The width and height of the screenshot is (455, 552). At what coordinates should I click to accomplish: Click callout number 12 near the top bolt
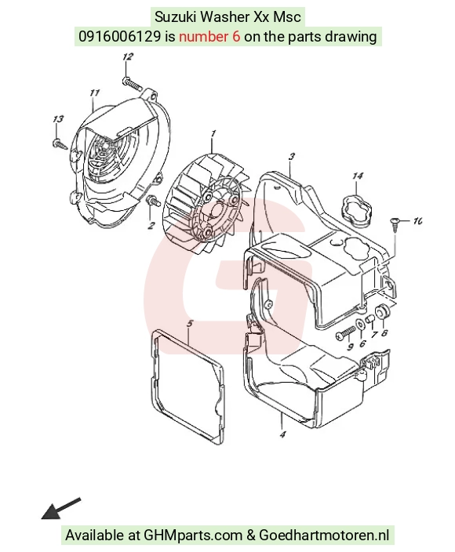coord(128,56)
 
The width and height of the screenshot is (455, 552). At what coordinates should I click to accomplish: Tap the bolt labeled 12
coord(132,83)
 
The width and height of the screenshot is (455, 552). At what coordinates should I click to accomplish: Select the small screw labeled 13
coord(59,144)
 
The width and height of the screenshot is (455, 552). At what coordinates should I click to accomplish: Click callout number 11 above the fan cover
coord(94,93)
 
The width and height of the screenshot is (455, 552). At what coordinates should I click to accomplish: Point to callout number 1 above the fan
coord(213,134)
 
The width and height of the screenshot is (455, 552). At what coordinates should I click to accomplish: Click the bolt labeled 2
coord(153,202)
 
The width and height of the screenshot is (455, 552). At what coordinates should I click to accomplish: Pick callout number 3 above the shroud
coord(291,157)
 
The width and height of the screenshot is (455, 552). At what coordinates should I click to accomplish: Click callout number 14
coord(358,176)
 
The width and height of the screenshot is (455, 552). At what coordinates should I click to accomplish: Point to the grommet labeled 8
coord(382,311)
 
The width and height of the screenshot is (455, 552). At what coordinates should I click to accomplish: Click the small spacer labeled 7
coord(370,319)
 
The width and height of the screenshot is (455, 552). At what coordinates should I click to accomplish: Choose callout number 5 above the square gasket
coord(190,324)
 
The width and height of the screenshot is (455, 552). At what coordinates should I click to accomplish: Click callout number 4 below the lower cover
coord(282,434)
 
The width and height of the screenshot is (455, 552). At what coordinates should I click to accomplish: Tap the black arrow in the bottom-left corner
coord(61,508)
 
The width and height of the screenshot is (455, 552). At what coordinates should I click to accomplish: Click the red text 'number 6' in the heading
coord(210,36)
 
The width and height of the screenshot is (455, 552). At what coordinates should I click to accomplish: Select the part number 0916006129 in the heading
coord(120,36)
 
